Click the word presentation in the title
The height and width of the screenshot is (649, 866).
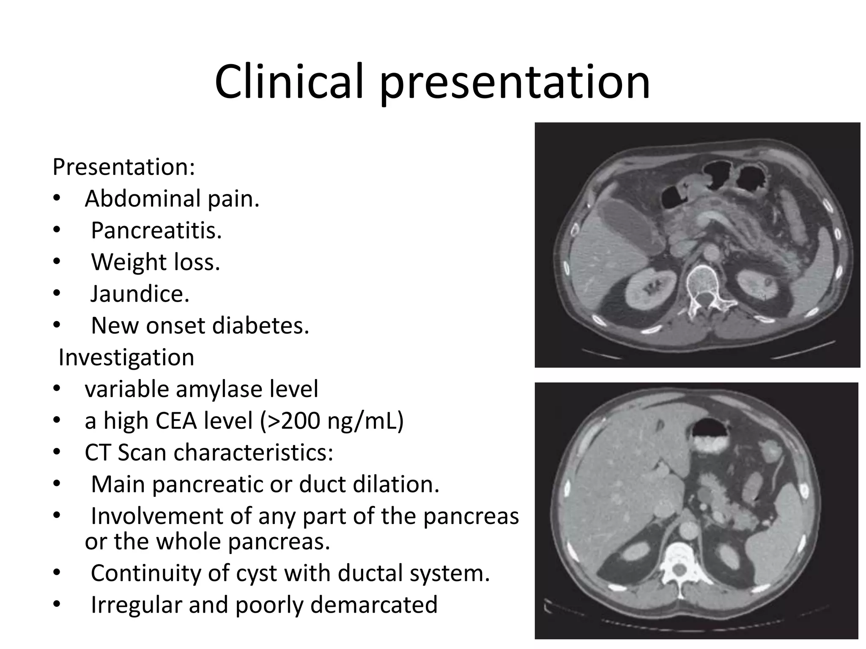pos(515,82)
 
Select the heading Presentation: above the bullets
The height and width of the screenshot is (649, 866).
pos(124,167)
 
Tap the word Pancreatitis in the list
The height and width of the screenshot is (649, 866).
pos(156,231)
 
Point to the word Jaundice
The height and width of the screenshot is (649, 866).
pos(140,294)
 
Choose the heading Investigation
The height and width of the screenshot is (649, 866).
pos(126,357)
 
